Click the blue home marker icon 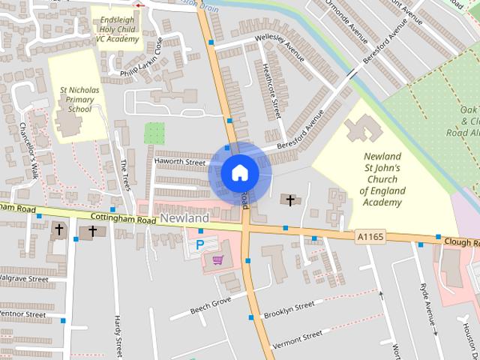tap(239, 173)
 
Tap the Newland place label tap(184, 217)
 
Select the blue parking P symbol tap(200, 244)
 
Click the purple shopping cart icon tap(217, 259)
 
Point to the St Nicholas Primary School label tap(79, 99)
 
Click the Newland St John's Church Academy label tap(382, 179)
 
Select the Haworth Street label tap(179, 162)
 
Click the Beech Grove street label tap(210, 303)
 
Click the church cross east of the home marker tap(290, 200)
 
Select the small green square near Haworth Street tap(154, 133)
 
